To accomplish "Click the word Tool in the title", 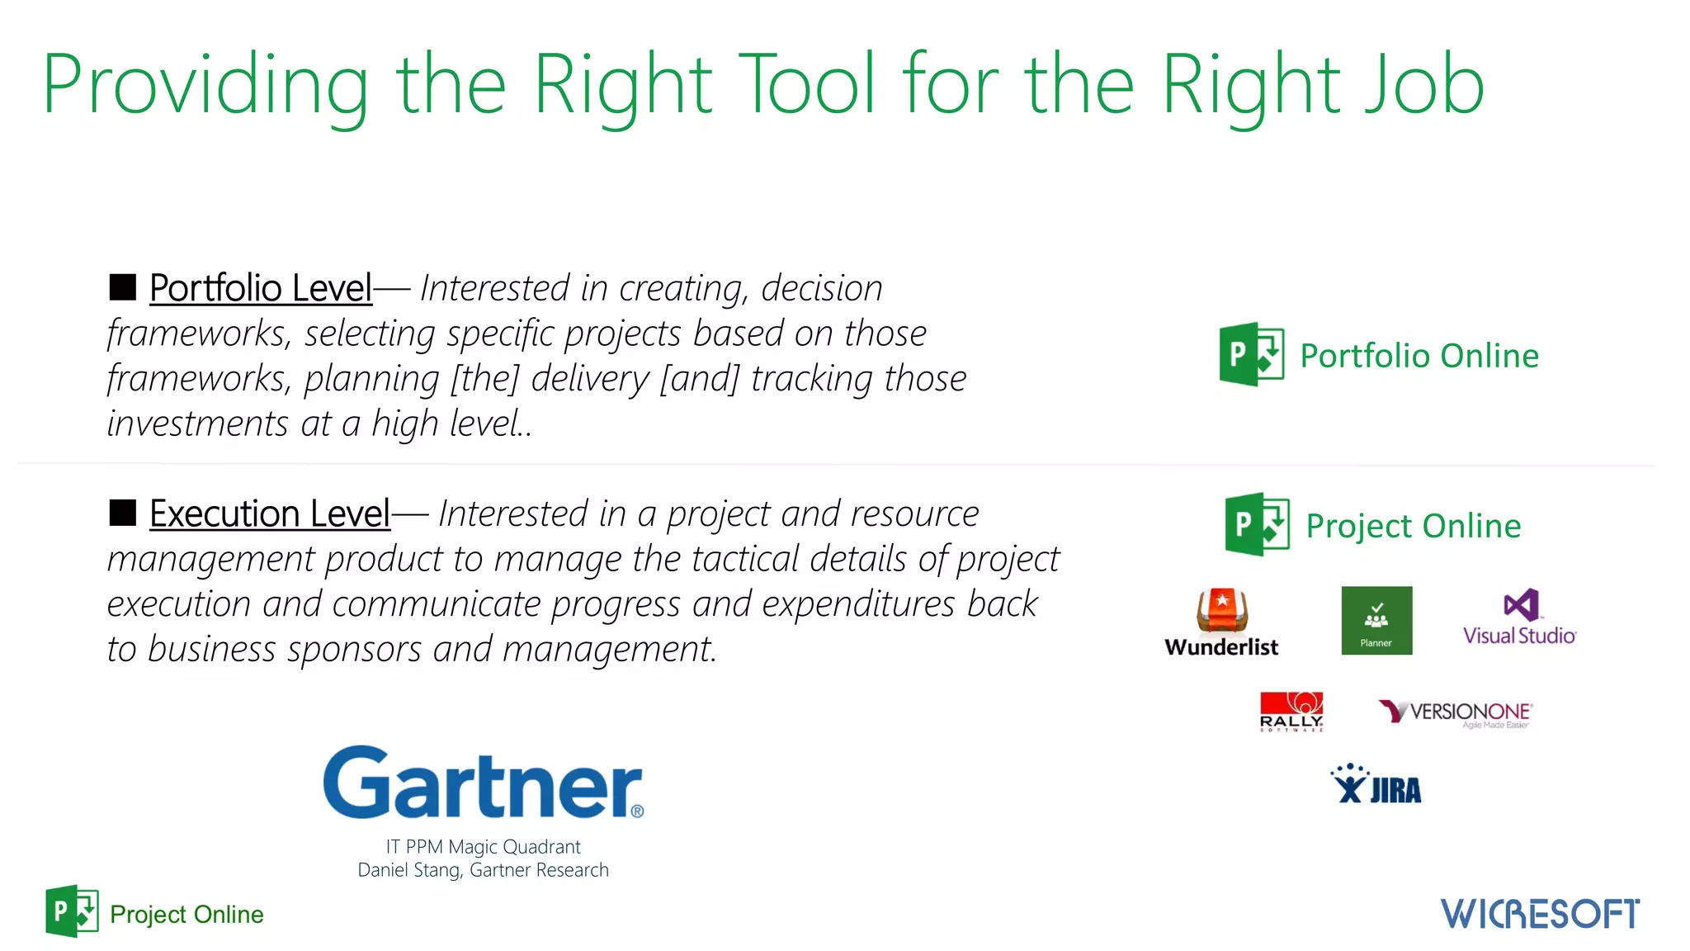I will (x=805, y=84).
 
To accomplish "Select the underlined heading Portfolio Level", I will (x=261, y=288).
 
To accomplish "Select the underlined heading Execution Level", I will (x=269, y=513).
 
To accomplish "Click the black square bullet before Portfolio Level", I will (x=123, y=287).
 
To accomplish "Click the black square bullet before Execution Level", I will (x=123, y=513).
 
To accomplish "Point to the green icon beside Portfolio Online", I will (x=1251, y=354).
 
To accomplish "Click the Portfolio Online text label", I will (x=1419, y=356).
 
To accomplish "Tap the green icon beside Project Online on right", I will (x=1257, y=524).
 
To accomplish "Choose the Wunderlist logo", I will (x=1222, y=623).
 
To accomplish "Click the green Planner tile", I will (x=1376, y=621).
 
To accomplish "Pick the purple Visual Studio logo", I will (x=1519, y=617).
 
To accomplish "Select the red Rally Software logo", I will (x=1291, y=712).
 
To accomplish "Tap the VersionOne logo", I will (x=1456, y=713).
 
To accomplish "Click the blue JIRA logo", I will (x=1376, y=785).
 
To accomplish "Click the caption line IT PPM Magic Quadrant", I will (x=483, y=847).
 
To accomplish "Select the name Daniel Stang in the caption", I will (x=410, y=870).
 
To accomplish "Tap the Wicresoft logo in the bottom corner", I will (x=1540, y=914).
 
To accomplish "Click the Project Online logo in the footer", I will (x=155, y=912).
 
